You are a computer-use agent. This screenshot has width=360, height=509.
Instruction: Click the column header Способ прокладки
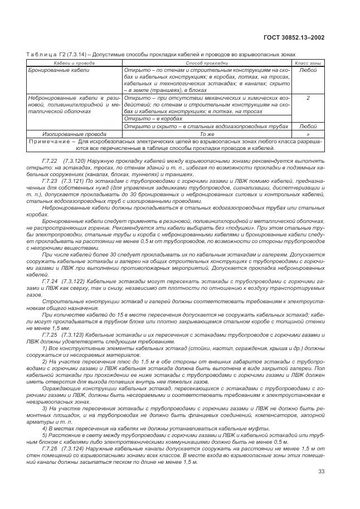tap(207, 64)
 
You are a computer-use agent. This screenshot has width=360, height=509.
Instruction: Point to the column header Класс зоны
tap(308, 64)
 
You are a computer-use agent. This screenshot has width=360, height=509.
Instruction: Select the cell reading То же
tap(207, 134)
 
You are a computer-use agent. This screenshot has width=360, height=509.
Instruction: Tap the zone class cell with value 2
tap(308, 97)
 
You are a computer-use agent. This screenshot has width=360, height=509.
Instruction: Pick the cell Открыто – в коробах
tap(148, 119)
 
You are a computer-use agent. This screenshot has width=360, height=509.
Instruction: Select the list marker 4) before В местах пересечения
tap(45, 427)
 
